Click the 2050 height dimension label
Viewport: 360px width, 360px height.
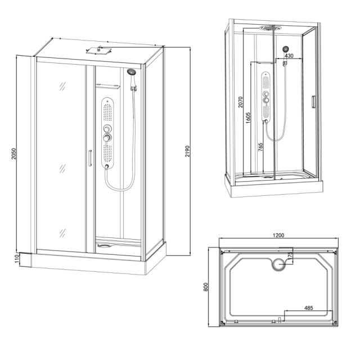pyautogui.click(x=15, y=153)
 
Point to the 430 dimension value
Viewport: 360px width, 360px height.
pyautogui.click(x=289, y=56)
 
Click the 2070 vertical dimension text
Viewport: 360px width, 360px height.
pyautogui.click(x=240, y=101)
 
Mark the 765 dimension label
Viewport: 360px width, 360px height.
pyautogui.click(x=260, y=148)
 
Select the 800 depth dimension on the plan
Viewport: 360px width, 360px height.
pyautogui.click(x=206, y=287)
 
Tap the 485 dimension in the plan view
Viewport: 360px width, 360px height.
pyautogui.click(x=308, y=308)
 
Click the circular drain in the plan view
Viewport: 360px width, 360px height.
pyautogui.click(x=278, y=263)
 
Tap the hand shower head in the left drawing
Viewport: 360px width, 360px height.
pyautogui.click(x=132, y=72)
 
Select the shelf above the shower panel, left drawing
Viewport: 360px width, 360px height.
pyautogui.click(x=109, y=85)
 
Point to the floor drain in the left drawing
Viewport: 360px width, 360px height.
pyautogui.click(x=106, y=245)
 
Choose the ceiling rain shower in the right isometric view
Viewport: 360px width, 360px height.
pyautogui.click(x=269, y=27)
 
